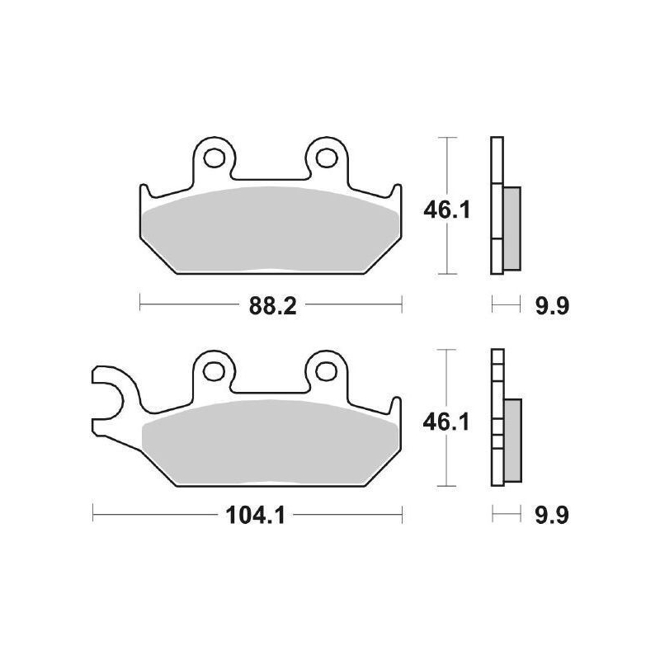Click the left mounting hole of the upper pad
click(x=214, y=154)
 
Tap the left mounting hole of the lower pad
click(x=214, y=368)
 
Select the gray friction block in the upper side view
click(x=511, y=228)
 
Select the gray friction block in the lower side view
click(x=511, y=441)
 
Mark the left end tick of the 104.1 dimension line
click(x=93, y=517)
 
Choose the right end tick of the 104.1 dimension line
click(x=402, y=517)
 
